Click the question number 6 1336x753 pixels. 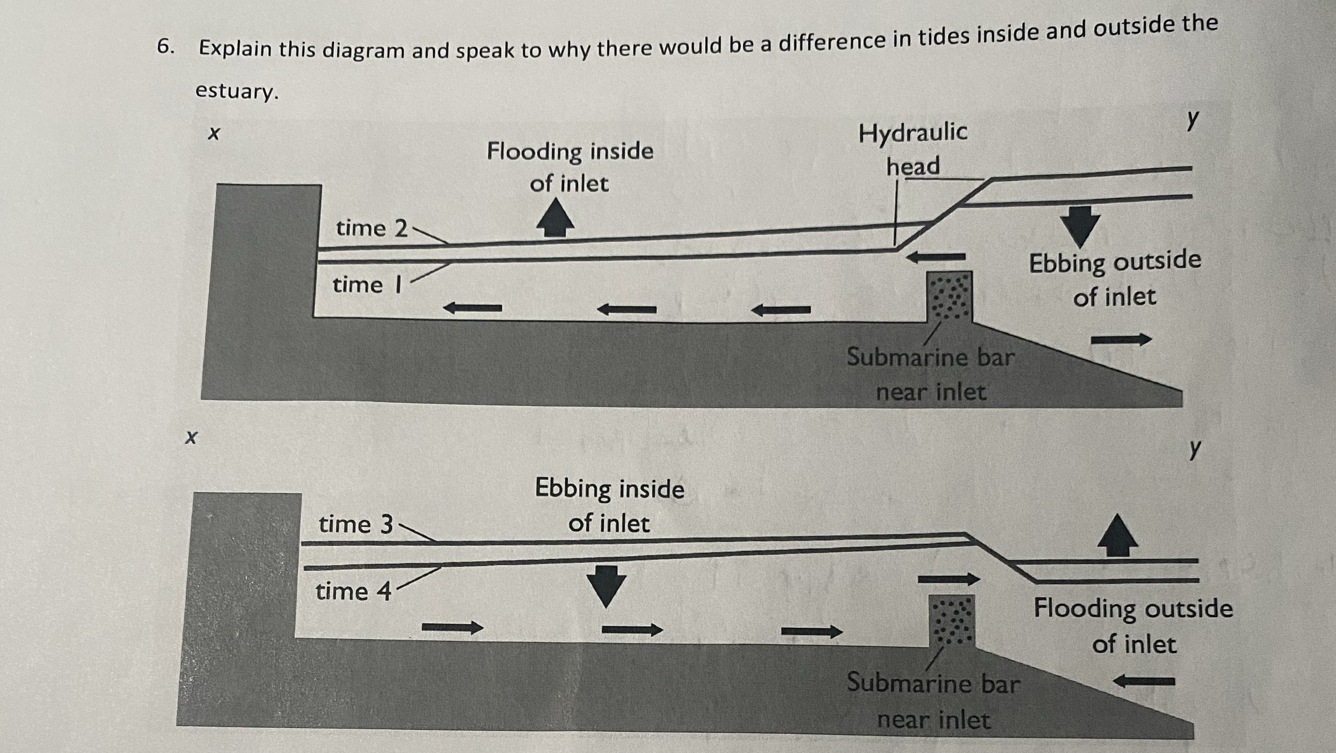coord(165,47)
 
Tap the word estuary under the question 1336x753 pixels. coord(236,91)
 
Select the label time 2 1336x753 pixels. coord(372,229)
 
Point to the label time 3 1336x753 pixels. coord(356,524)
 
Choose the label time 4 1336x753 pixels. coord(353,591)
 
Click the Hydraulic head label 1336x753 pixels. coord(913,149)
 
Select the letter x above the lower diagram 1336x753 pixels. coord(191,438)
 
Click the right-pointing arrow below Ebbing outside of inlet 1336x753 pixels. coord(1121,340)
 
